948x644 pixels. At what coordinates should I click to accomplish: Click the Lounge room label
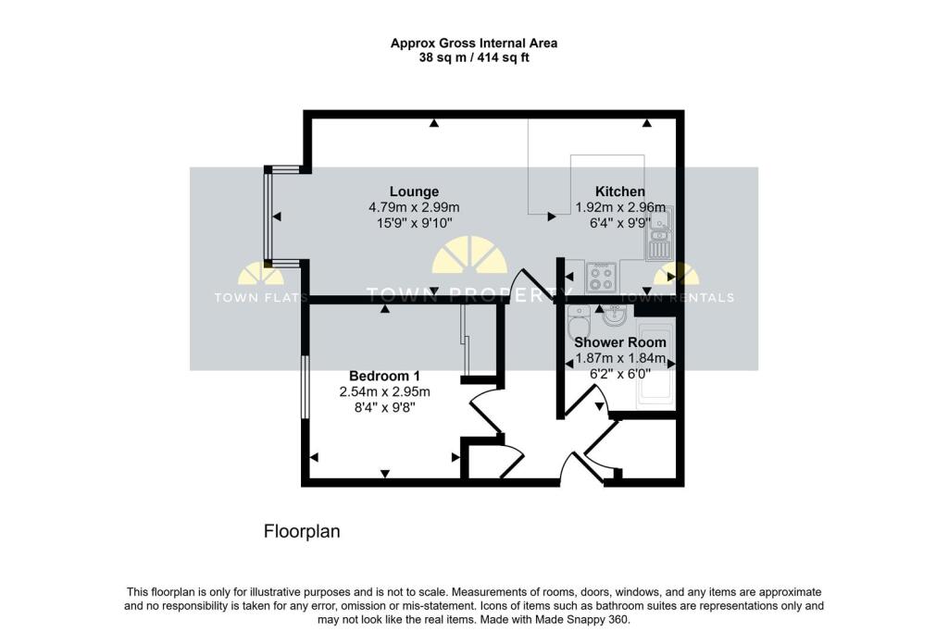pyautogui.click(x=414, y=192)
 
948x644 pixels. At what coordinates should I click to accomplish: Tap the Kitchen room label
pyautogui.click(x=619, y=192)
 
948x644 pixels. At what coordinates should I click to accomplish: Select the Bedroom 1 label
pyautogui.click(x=384, y=376)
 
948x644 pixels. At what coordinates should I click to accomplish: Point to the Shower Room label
pyautogui.click(x=620, y=342)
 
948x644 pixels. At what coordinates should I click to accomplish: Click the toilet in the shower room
pyautogui.click(x=579, y=324)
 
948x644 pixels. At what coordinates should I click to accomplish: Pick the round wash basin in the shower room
pyautogui.click(x=614, y=317)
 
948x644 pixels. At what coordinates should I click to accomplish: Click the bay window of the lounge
pyautogui.click(x=268, y=217)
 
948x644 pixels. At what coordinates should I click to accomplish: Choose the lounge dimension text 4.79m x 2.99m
pyautogui.click(x=414, y=207)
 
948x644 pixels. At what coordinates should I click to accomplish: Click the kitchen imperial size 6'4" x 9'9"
pyautogui.click(x=619, y=223)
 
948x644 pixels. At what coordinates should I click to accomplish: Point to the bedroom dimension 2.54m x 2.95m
pyautogui.click(x=384, y=391)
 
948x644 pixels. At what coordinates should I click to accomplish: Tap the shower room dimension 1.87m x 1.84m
pyautogui.click(x=620, y=358)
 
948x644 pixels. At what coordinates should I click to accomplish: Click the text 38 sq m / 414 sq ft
pyautogui.click(x=473, y=57)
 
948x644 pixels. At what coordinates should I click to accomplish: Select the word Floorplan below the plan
pyautogui.click(x=303, y=531)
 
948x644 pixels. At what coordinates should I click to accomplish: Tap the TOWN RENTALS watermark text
pyautogui.click(x=677, y=298)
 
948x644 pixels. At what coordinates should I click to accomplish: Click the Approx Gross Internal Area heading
pyautogui.click(x=473, y=43)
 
